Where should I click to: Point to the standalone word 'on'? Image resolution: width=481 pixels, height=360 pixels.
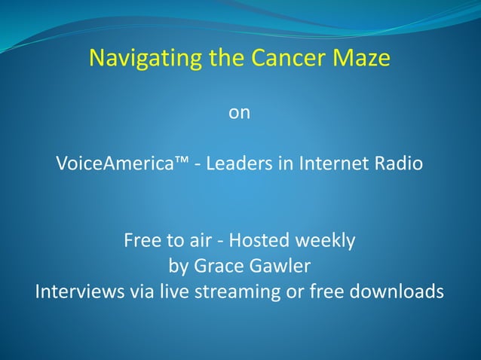[x=239, y=113]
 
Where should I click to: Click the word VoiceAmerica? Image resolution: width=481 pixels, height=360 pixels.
[x=112, y=163]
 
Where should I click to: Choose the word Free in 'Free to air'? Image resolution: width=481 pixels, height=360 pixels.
[x=141, y=241]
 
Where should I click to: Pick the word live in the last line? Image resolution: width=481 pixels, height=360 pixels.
[x=159, y=291]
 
